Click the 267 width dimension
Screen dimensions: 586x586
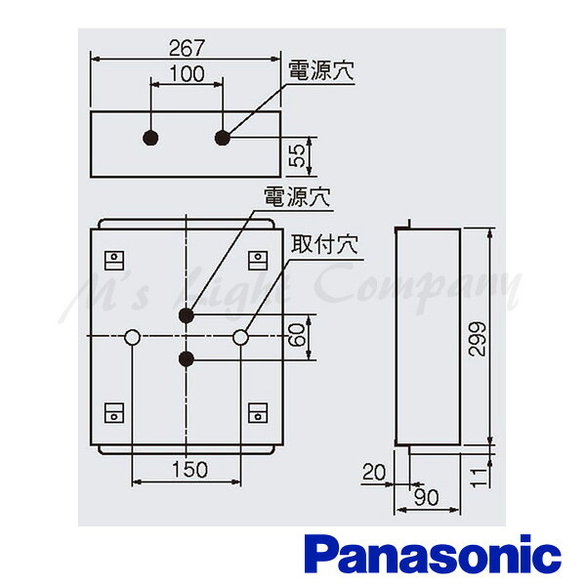click(188, 48)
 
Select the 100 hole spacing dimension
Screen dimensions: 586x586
click(188, 74)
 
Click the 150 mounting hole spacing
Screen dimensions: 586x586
click(189, 470)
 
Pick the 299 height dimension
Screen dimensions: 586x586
click(477, 338)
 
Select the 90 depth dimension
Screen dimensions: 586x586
click(427, 497)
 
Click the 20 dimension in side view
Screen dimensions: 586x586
click(374, 472)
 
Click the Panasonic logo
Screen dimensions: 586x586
click(435, 558)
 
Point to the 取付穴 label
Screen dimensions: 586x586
click(324, 244)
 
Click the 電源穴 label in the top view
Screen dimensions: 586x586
click(320, 70)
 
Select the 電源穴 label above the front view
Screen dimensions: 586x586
click(297, 196)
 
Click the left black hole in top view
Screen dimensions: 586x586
click(150, 138)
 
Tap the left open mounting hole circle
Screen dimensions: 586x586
click(132, 337)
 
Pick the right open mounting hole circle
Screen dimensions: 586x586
click(240, 337)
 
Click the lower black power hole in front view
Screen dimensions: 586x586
click(187, 359)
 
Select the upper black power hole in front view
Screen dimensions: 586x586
click(187, 315)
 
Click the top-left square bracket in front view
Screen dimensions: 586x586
click(114, 261)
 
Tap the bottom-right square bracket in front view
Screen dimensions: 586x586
click(258, 412)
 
